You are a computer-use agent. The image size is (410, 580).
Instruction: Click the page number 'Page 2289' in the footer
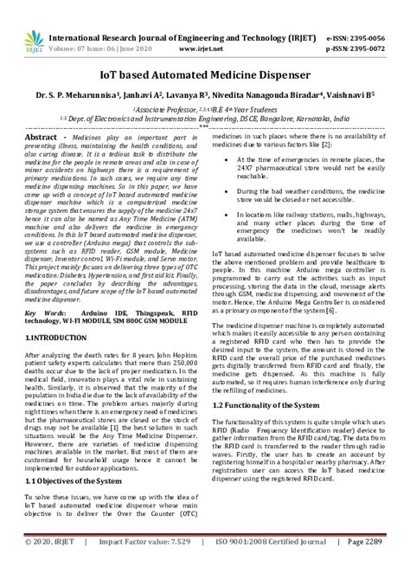(x=376, y=566)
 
